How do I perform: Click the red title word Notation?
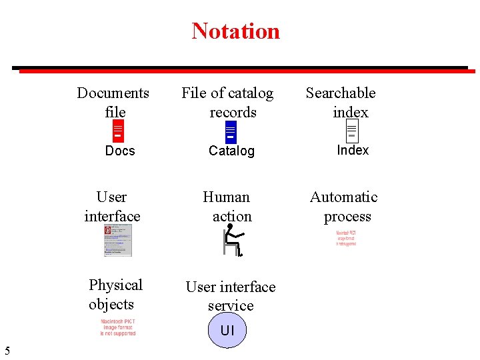pos(235,31)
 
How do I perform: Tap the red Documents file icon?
pos(118,131)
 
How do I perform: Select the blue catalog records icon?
pos(231,131)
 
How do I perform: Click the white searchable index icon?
pos(352,131)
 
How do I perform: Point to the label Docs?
pos(120,151)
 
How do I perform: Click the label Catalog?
pos(231,151)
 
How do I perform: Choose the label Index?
pos(353,150)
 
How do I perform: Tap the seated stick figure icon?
pos(232,240)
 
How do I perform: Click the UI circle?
pos(227,331)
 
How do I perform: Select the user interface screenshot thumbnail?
pos(118,240)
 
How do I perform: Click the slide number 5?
pos(7,351)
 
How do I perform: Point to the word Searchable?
pos(341,93)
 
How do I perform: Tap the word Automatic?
pos(343,197)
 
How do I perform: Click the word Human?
pos(226,197)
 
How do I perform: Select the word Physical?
pos(115,285)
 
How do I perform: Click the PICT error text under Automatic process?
pos(346,239)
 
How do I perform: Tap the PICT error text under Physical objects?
pos(118,327)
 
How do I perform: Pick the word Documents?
pos(113,93)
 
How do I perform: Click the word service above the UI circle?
pos(231,306)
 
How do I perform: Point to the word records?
pos(233,113)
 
